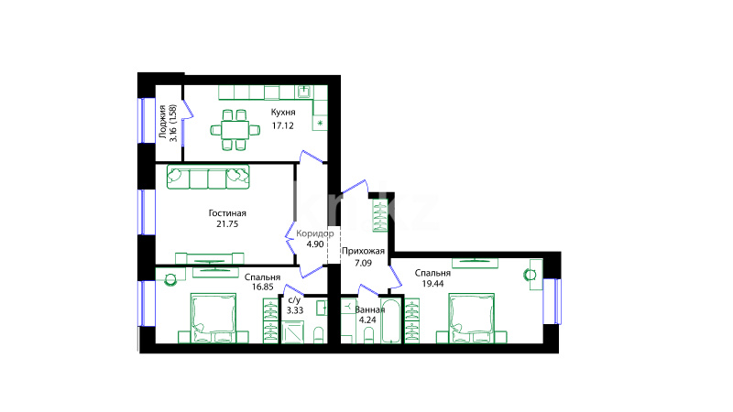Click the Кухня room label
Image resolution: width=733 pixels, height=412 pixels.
283,113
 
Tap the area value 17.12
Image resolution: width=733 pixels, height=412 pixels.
283,125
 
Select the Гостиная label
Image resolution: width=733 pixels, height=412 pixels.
227,213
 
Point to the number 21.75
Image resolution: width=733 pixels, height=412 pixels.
227,224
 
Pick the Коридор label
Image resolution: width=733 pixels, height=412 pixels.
315,233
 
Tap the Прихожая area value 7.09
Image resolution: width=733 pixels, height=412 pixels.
363,263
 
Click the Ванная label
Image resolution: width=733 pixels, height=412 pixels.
370,309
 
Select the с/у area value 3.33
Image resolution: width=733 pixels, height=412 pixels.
295,310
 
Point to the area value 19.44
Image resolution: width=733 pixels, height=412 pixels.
432,284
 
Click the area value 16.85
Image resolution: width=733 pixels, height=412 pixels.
263,287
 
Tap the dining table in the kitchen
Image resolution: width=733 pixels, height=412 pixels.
235,130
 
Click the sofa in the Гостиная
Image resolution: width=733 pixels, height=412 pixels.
208,178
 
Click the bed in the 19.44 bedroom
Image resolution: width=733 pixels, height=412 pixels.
471,318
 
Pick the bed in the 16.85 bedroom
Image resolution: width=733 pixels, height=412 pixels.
213,318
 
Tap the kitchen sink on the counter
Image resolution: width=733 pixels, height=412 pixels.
304,92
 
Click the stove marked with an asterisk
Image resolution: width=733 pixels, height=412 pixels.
320,123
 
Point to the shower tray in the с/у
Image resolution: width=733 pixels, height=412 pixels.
292,333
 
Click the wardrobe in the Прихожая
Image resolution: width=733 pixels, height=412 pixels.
379,215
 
